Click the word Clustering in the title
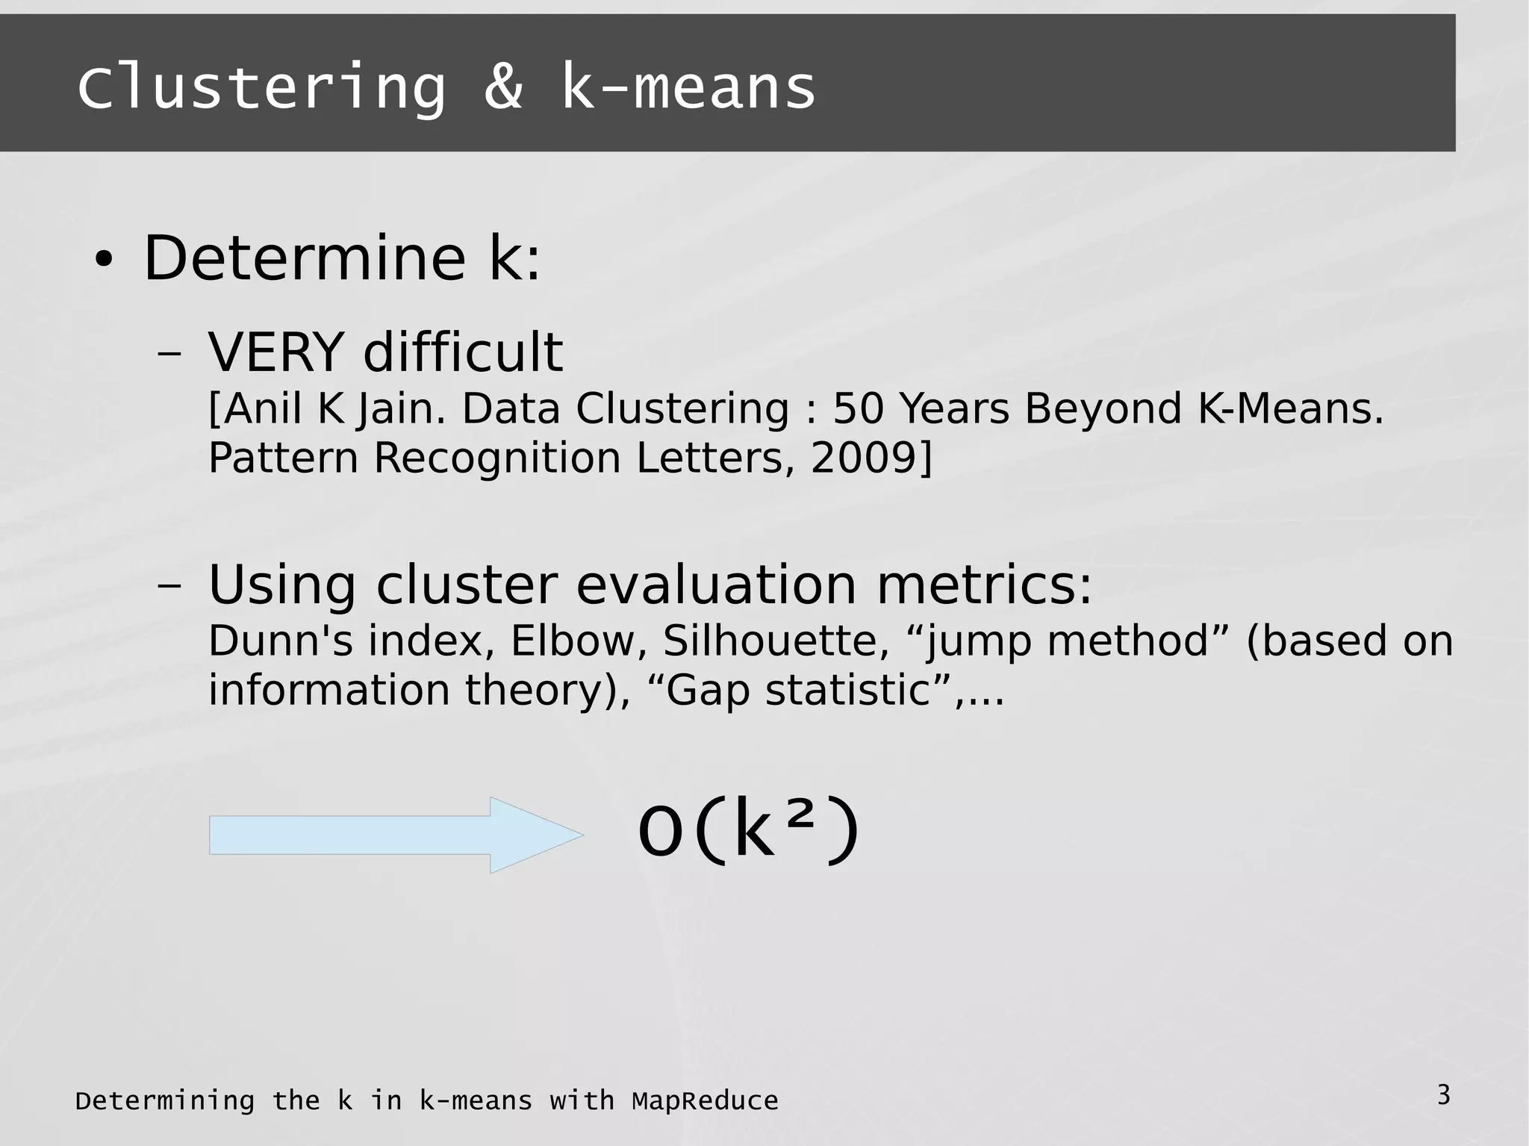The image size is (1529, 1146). point(261,88)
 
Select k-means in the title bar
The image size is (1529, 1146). point(688,88)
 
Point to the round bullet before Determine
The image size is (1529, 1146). point(104,261)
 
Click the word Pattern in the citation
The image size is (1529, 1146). point(283,458)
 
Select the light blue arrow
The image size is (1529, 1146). point(396,835)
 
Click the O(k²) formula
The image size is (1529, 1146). point(749,830)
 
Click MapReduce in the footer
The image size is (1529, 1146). point(705,1101)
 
